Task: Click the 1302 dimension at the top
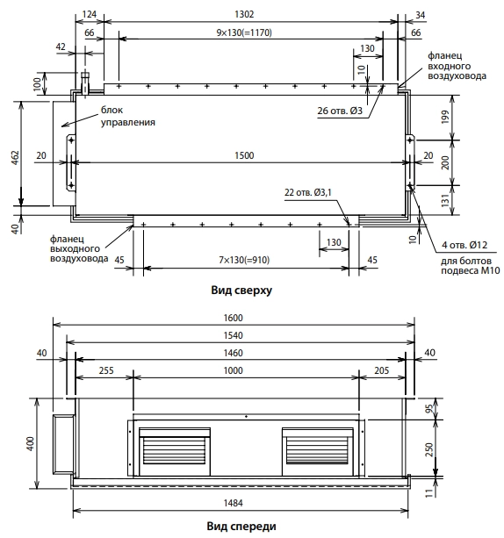(x=244, y=14)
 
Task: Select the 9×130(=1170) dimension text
(x=244, y=32)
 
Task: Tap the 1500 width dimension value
(x=244, y=155)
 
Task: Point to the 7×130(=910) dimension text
(x=244, y=260)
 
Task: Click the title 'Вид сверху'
(x=241, y=291)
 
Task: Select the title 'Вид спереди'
(x=241, y=526)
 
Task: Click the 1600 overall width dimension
(x=233, y=318)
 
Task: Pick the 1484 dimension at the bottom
(x=233, y=503)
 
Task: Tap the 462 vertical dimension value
(x=16, y=157)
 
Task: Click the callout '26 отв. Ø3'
(x=340, y=111)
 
